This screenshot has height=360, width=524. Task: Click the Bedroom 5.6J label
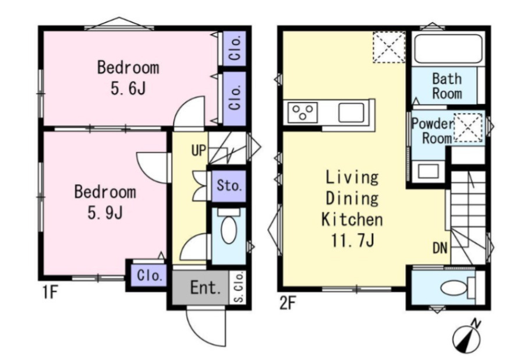pyautogui.click(x=128, y=78)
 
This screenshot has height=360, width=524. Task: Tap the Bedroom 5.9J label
pyautogui.click(x=105, y=202)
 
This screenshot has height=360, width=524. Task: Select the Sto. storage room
pyautogui.click(x=229, y=185)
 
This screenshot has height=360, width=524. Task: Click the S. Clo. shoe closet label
pyautogui.click(x=239, y=287)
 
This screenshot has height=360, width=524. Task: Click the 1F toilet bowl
pyautogui.click(x=229, y=227)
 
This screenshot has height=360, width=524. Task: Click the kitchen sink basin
pyautogui.click(x=351, y=112)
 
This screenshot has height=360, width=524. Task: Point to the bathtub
pyautogui.click(x=448, y=49)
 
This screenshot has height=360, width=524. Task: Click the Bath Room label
pyautogui.click(x=447, y=86)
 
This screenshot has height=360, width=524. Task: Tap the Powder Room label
pyautogui.click(x=433, y=130)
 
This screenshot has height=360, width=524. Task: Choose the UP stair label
pyautogui.click(x=199, y=150)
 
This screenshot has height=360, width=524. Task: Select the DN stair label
pyautogui.click(x=440, y=248)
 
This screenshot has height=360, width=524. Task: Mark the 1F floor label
pyautogui.click(x=50, y=292)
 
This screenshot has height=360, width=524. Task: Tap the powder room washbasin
pyautogui.click(x=428, y=171)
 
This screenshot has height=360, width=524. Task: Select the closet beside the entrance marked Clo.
pyautogui.click(x=150, y=276)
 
